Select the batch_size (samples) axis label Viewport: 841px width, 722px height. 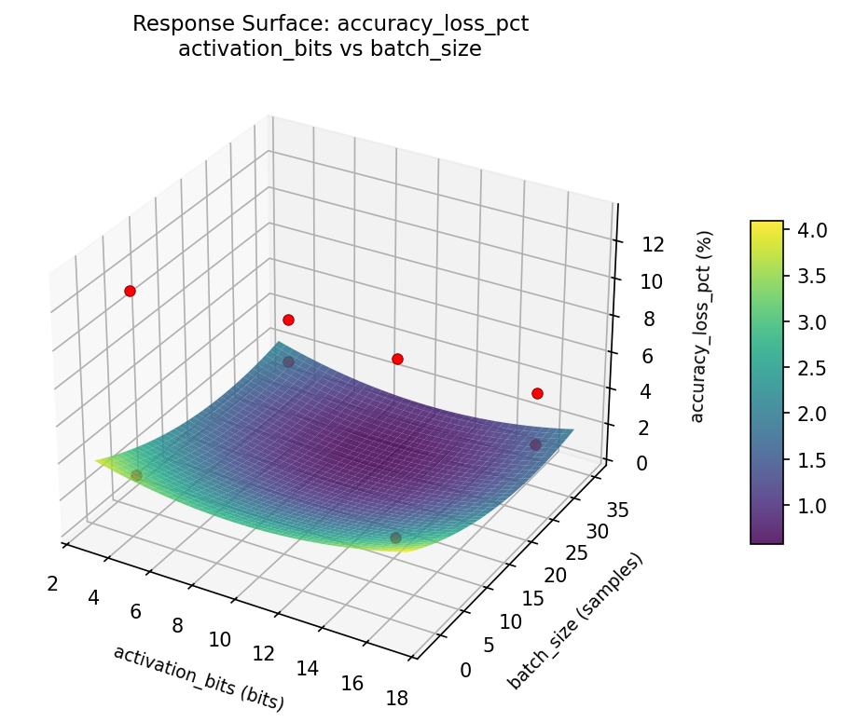[576, 621]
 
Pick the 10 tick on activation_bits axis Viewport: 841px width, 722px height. [219, 639]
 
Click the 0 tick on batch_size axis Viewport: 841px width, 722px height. [464, 670]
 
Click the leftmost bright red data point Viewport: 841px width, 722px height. [130, 291]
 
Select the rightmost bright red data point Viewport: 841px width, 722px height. [537, 393]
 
